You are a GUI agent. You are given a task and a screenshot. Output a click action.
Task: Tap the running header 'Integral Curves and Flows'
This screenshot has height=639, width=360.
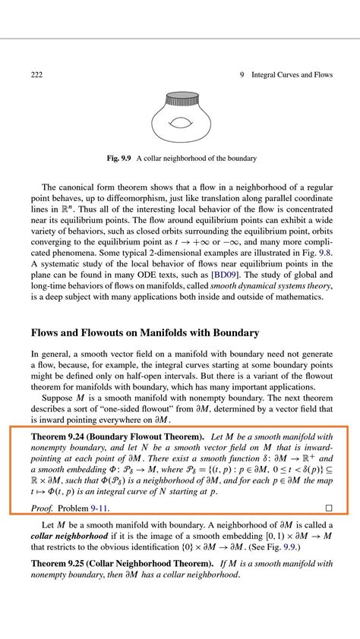[x=292, y=74]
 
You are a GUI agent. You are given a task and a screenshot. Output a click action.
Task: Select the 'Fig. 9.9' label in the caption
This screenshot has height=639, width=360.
[x=119, y=159]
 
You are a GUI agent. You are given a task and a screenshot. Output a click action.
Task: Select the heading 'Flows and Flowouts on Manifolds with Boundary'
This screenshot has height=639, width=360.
[x=145, y=332]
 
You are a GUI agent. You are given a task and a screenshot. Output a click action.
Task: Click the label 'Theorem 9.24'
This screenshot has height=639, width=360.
[x=62, y=438]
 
